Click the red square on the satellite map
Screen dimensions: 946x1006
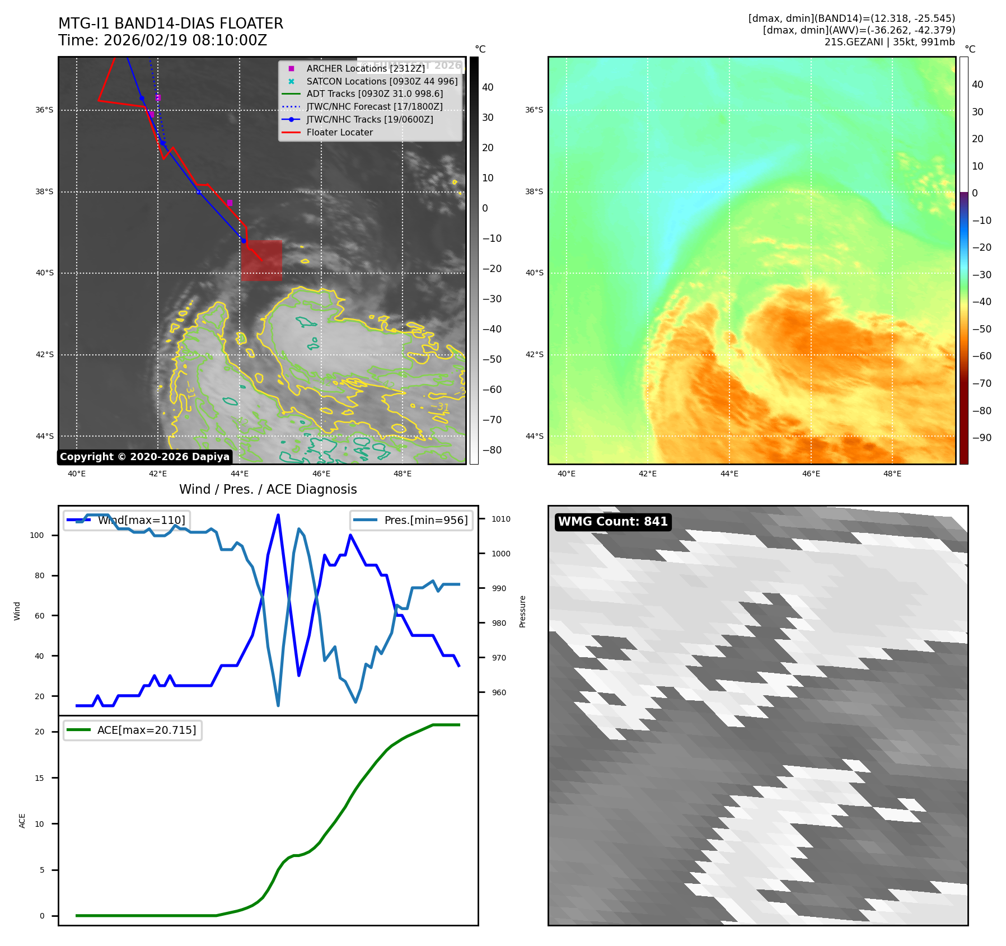coord(261,260)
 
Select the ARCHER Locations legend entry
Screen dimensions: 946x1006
coord(365,68)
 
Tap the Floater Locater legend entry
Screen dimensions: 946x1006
coord(339,133)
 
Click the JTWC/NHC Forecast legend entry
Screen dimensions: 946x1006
coord(374,107)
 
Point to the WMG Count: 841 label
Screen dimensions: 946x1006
coord(612,522)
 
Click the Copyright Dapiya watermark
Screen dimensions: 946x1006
coord(144,457)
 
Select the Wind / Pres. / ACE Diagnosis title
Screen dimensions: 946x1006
coord(268,489)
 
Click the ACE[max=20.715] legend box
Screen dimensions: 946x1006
coord(133,730)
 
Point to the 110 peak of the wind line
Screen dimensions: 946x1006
coord(278,515)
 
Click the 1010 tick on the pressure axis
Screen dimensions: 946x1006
coord(501,519)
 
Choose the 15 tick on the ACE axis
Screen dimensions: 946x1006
coord(39,778)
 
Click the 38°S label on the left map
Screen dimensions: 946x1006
coord(45,191)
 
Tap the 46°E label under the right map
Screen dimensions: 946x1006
coord(811,474)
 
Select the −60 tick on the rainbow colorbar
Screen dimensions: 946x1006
coord(981,356)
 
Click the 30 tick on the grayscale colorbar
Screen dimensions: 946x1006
coord(488,118)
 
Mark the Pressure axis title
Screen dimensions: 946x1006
coord(522,611)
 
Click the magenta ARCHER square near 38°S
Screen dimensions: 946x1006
coord(229,203)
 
